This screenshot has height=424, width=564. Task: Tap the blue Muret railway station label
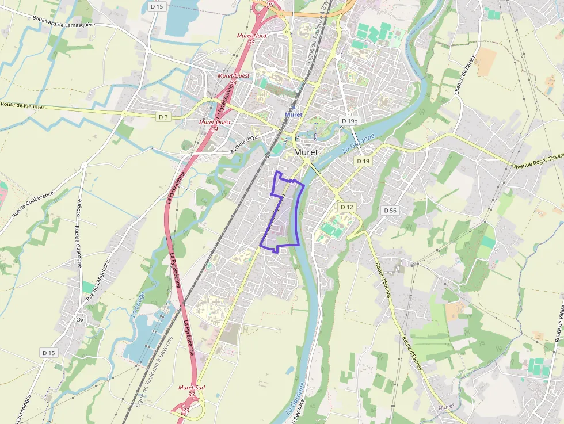tap(294, 114)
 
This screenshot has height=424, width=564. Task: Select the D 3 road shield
tap(163, 117)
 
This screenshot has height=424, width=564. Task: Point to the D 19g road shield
tap(349, 121)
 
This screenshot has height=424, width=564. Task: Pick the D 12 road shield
tap(346, 207)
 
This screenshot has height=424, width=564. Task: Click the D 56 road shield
tap(390, 211)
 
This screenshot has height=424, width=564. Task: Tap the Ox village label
tap(80, 319)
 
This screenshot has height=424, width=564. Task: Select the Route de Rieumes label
tap(24, 105)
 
